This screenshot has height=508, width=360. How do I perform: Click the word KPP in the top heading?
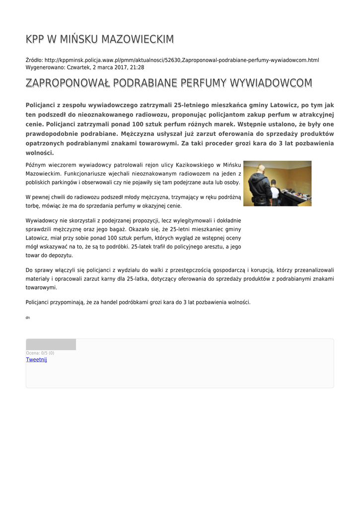pyautogui.click(x=36, y=39)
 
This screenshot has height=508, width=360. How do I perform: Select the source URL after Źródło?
pyautogui.click(x=182, y=60)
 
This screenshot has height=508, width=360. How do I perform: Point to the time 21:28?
pyautogui.click(x=137, y=67)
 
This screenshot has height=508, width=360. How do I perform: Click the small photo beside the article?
pyautogui.click(x=277, y=183)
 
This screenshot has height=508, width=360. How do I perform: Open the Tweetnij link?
pyautogui.click(x=36, y=360)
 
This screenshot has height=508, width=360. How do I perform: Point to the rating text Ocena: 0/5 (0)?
pyautogui.click(x=40, y=353)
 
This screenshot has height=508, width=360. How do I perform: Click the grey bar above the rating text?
pyautogui.click(x=51, y=345)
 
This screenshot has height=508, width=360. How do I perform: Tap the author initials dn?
pyautogui.click(x=27, y=317)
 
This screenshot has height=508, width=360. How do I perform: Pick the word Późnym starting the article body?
pyautogui.click(x=36, y=165)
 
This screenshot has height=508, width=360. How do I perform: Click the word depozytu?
pyautogui.click(x=59, y=255)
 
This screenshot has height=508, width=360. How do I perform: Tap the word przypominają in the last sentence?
pyautogui.click(x=69, y=302)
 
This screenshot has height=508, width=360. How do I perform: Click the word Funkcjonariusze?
pyautogui.click(x=87, y=174)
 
